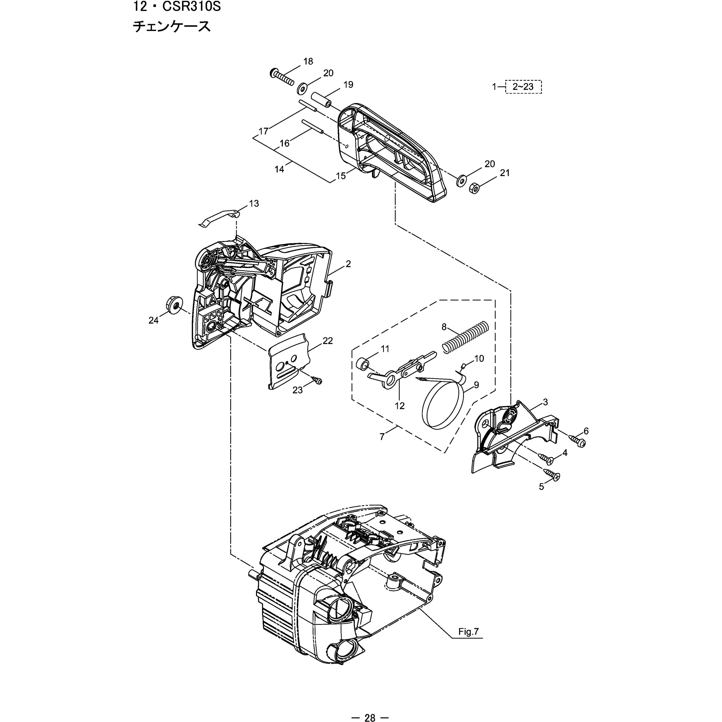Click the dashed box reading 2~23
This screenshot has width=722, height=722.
pos(523,87)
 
